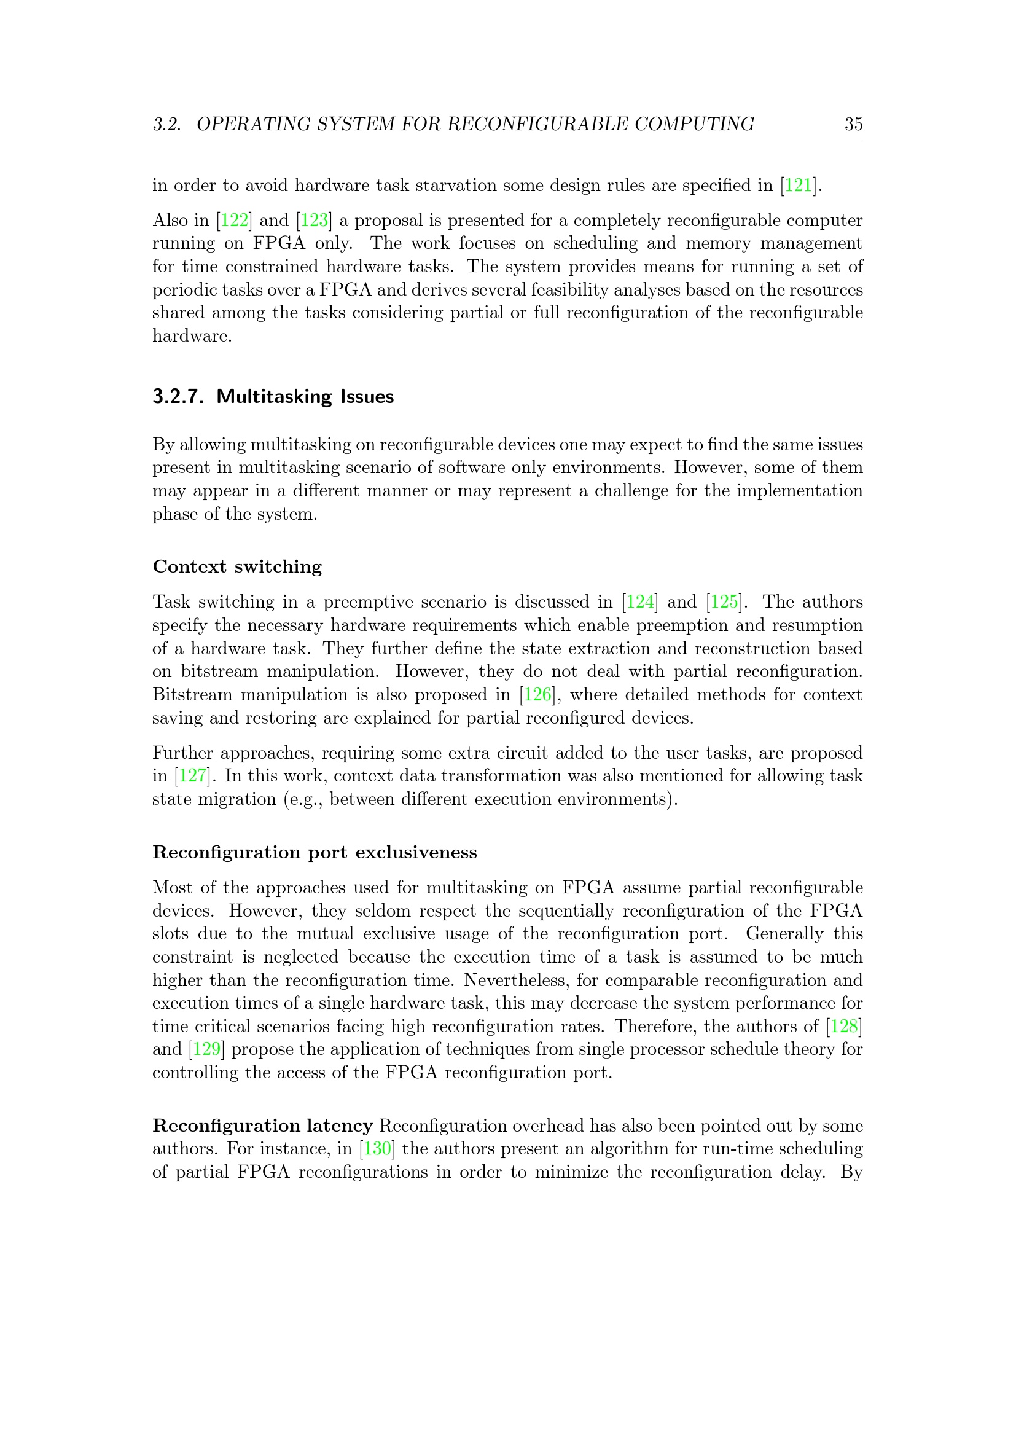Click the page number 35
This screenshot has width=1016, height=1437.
coord(853,124)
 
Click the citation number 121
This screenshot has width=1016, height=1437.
coord(799,186)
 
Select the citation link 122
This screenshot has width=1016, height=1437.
coord(235,221)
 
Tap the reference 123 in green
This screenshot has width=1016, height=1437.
coord(314,221)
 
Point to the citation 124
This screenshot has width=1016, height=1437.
coord(640,602)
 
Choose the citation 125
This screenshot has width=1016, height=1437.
coord(724,602)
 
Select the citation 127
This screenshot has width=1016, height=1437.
coord(193,776)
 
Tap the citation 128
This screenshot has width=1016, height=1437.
coord(844,1027)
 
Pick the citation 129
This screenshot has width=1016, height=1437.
coord(206,1049)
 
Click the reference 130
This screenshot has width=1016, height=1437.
coord(377,1149)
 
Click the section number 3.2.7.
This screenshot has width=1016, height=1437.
coord(178,397)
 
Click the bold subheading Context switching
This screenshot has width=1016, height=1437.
coord(237,566)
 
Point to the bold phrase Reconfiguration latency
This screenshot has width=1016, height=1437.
coord(263,1126)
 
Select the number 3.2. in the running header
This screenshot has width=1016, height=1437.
coord(167,124)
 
